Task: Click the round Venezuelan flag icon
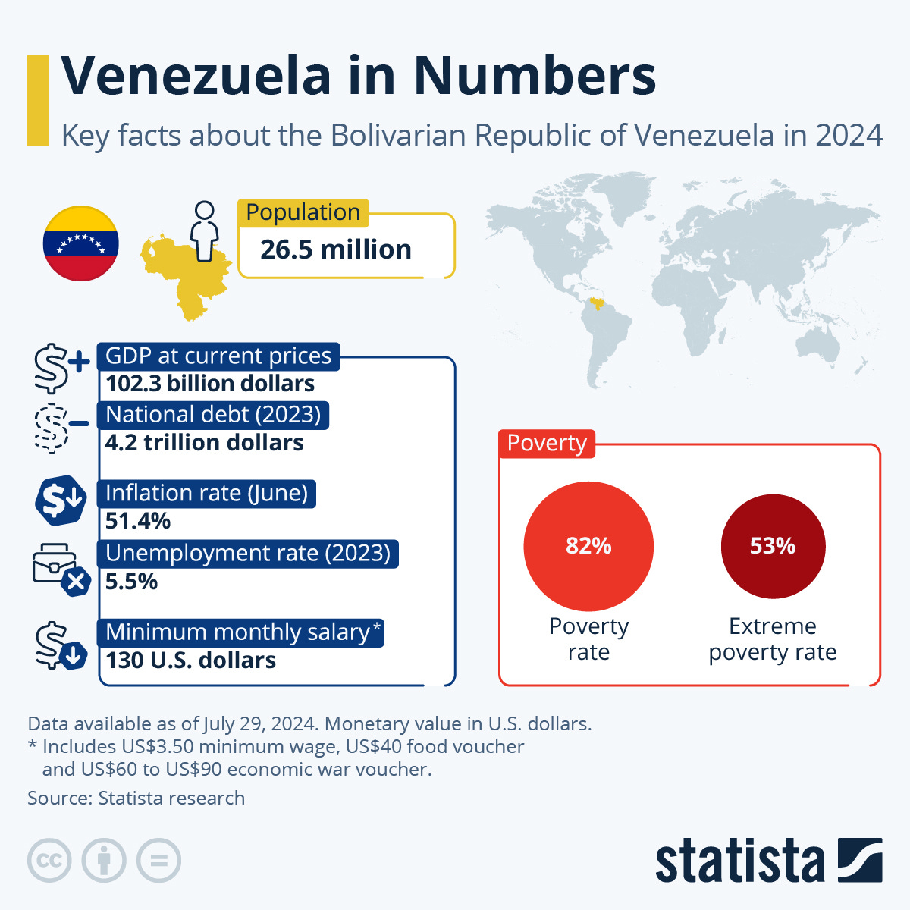click(80, 243)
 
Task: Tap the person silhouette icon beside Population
click(204, 231)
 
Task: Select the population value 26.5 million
click(335, 249)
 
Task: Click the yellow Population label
click(303, 212)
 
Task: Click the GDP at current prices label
click(218, 356)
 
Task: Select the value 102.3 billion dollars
click(210, 384)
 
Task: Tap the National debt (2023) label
click(213, 415)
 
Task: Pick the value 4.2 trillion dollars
click(205, 443)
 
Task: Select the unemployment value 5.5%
click(132, 582)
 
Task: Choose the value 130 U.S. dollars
click(191, 661)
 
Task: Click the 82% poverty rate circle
click(588, 546)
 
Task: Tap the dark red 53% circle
click(773, 546)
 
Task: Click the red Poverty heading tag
click(547, 443)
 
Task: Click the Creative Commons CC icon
click(49, 861)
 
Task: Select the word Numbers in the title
click(535, 76)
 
